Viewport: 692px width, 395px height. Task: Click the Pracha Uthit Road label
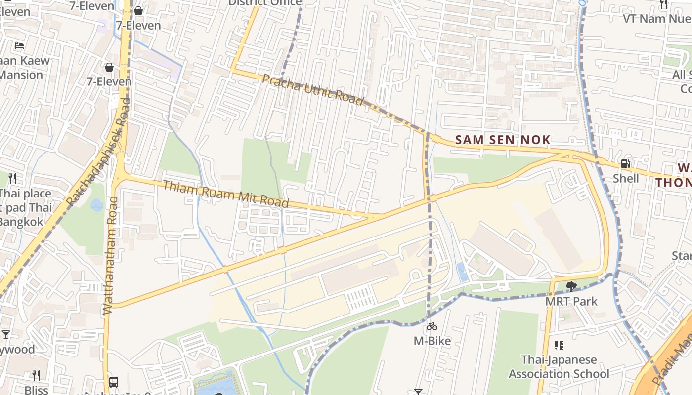click(x=312, y=89)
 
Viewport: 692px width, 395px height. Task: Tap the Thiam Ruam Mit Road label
click(x=225, y=194)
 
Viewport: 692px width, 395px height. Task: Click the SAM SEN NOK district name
click(x=503, y=140)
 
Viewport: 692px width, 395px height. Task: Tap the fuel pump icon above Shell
click(x=625, y=164)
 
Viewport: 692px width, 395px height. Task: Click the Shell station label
click(x=626, y=178)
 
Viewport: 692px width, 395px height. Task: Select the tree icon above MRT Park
click(x=571, y=286)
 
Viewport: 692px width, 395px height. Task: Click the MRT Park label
click(x=571, y=301)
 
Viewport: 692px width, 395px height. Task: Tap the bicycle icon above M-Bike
click(x=432, y=326)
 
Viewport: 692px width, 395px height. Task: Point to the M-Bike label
click(x=432, y=341)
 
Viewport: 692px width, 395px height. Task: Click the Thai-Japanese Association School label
click(x=559, y=366)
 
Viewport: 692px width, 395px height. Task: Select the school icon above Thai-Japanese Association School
click(x=559, y=345)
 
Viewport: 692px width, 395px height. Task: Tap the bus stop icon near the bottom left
click(x=114, y=382)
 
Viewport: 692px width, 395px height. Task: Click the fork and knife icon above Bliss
click(x=36, y=376)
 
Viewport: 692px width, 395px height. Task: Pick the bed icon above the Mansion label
click(x=19, y=46)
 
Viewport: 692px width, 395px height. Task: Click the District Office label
click(x=264, y=3)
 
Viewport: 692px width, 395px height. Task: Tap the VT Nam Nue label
click(x=656, y=19)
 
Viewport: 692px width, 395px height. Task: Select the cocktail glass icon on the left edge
click(x=6, y=335)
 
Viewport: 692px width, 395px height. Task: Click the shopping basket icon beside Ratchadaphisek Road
click(x=109, y=67)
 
